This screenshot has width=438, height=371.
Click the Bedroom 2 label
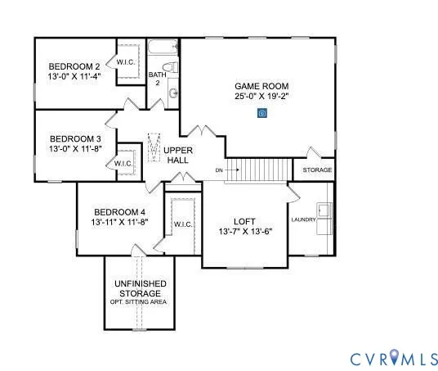pyautogui.click(x=74, y=66)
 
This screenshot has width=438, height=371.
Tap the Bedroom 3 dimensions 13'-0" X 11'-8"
pyautogui.click(x=74, y=150)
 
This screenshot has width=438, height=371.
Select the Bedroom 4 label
pyautogui.click(x=120, y=210)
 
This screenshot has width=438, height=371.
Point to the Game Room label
pyautogui.click(x=259, y=85)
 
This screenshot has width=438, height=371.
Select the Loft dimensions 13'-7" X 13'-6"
pyautogui.click(x=245, y=232)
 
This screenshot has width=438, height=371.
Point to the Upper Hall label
pyautogui.click(x=178, y=156)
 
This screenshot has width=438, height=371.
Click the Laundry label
pyautogui.click(x=304, y=219)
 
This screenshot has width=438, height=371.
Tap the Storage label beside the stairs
pyautogui.click(x=317, y=170)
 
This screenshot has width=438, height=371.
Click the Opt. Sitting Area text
pyautogui.click(x=138, y=302)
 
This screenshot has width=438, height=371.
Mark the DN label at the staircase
pyautogui.click(x=219, y=170)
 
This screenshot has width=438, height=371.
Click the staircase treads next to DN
pyautogui.click(x=259, y=170)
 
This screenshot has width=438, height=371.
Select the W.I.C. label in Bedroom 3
pyautogui.click(x=123, y=163)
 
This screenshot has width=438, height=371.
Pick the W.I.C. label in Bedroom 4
pyautogui.click(x=182, y=224)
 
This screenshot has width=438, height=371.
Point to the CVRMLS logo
pyautogui.click(x=394, y=358)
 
